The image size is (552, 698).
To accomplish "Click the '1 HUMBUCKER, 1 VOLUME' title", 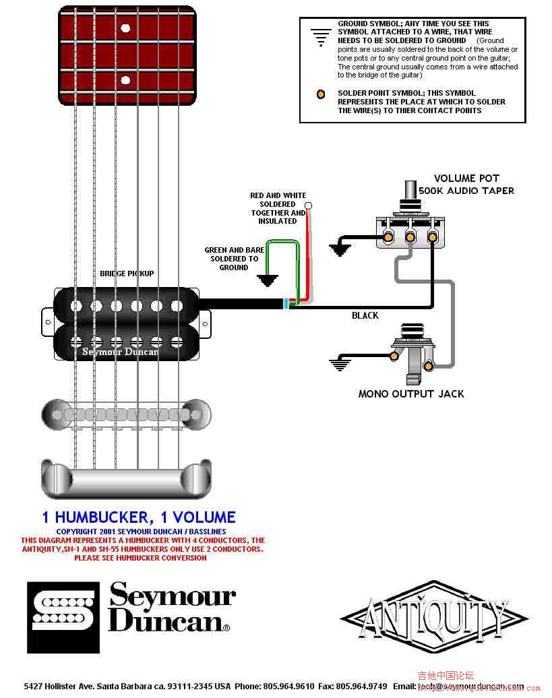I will tap(139, 517).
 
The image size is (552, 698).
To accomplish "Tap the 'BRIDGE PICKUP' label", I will tap(127, 274).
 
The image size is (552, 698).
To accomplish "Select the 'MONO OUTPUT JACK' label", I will tap(411, 393).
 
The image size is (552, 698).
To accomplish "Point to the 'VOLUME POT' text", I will tap(466, 179).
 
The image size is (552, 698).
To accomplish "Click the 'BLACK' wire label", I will tap(365, 315).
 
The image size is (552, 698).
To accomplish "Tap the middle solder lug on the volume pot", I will tap(410, 236).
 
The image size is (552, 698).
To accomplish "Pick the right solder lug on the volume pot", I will tap(432, 236).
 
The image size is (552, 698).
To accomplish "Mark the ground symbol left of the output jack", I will tap(339, 364).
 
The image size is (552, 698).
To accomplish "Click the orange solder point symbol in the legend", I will tap(321, 94).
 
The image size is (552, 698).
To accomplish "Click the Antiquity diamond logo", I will tap(434, 616).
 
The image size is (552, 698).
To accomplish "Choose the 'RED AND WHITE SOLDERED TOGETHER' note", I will tap(278, 208).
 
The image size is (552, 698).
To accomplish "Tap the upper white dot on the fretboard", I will tap(125, 28).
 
